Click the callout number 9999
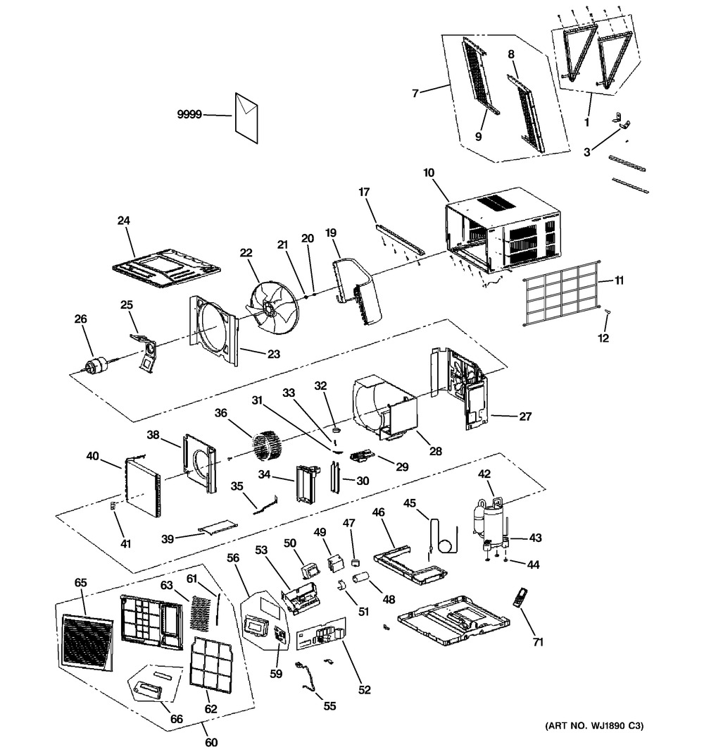click(x=189, y=115)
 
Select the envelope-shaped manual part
click(x=246, y=118)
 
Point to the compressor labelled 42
click(x=491, y=522)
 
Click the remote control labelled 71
click(x=519, y=597)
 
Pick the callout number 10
click(x=429, y=173)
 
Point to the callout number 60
click(x=211, y=742)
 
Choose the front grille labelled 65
click(x=87, y=641)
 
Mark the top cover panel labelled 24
click(x=167, y=269)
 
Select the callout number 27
click(x=525, y=417)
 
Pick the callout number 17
click(x=364, y=192)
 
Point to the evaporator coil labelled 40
click(x=142, y=486)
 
